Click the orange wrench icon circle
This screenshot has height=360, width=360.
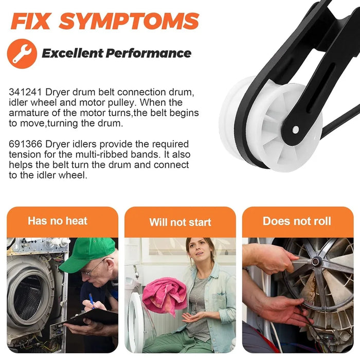coord(22,53)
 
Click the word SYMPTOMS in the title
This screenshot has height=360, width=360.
coord(129,21)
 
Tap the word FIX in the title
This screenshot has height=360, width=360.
coord(30,21)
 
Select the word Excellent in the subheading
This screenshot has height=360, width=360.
coord(73,53)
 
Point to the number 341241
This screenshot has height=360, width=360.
coord(26,92)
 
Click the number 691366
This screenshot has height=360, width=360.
coord(26,144)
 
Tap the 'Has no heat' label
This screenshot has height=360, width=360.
coord(58,221)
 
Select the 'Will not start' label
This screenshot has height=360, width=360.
coord(180,222)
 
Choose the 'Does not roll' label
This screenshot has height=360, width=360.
coord(297,221)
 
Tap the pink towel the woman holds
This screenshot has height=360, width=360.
coord(165,295)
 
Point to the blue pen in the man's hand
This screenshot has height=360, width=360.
coord(91,300)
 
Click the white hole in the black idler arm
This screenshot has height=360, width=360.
coord(296,130)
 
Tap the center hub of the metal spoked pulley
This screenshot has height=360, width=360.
coord(316,261)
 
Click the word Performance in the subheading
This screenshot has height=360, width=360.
coord(148,53)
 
